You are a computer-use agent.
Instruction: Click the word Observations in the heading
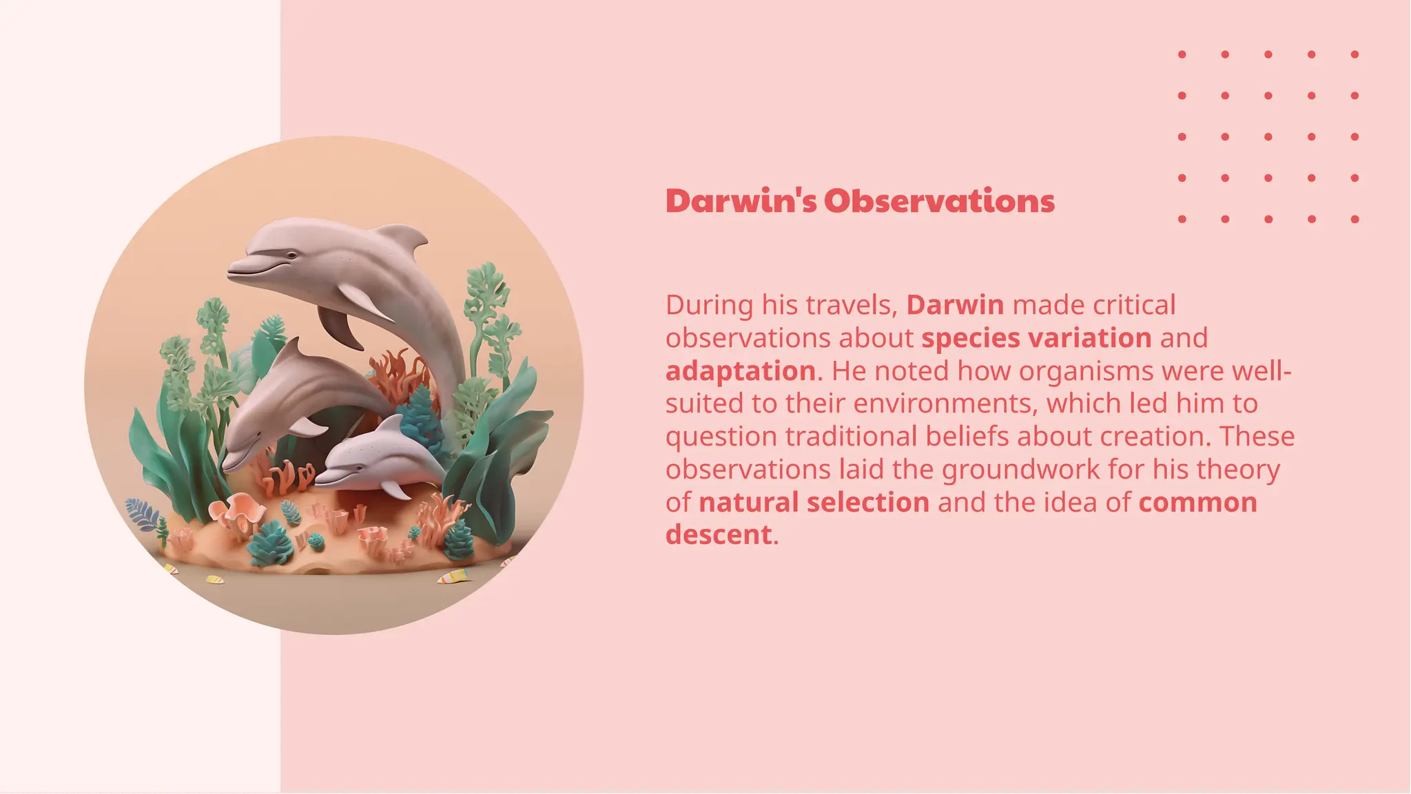(x=939, y=201)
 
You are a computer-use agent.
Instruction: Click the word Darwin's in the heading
(x=741, y=201)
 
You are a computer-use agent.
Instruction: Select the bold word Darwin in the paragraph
(x=955, y=305)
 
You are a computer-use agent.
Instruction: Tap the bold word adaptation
(x=741, y=371)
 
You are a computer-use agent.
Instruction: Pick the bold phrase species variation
(x=1036, y=338)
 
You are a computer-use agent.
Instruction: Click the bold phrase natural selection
(x=814, y=503)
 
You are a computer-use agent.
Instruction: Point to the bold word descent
(x=719, y=535)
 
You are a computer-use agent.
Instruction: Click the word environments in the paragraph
(x=945, y=404)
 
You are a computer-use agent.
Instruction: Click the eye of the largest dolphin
(x=292, y=255)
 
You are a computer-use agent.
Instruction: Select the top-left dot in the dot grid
(x=1182, y=54)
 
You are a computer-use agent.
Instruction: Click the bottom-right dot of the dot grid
(x=1355, y=219)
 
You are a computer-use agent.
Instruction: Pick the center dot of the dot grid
(x=1268, y=137)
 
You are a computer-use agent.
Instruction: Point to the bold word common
(x=1197, y=503)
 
